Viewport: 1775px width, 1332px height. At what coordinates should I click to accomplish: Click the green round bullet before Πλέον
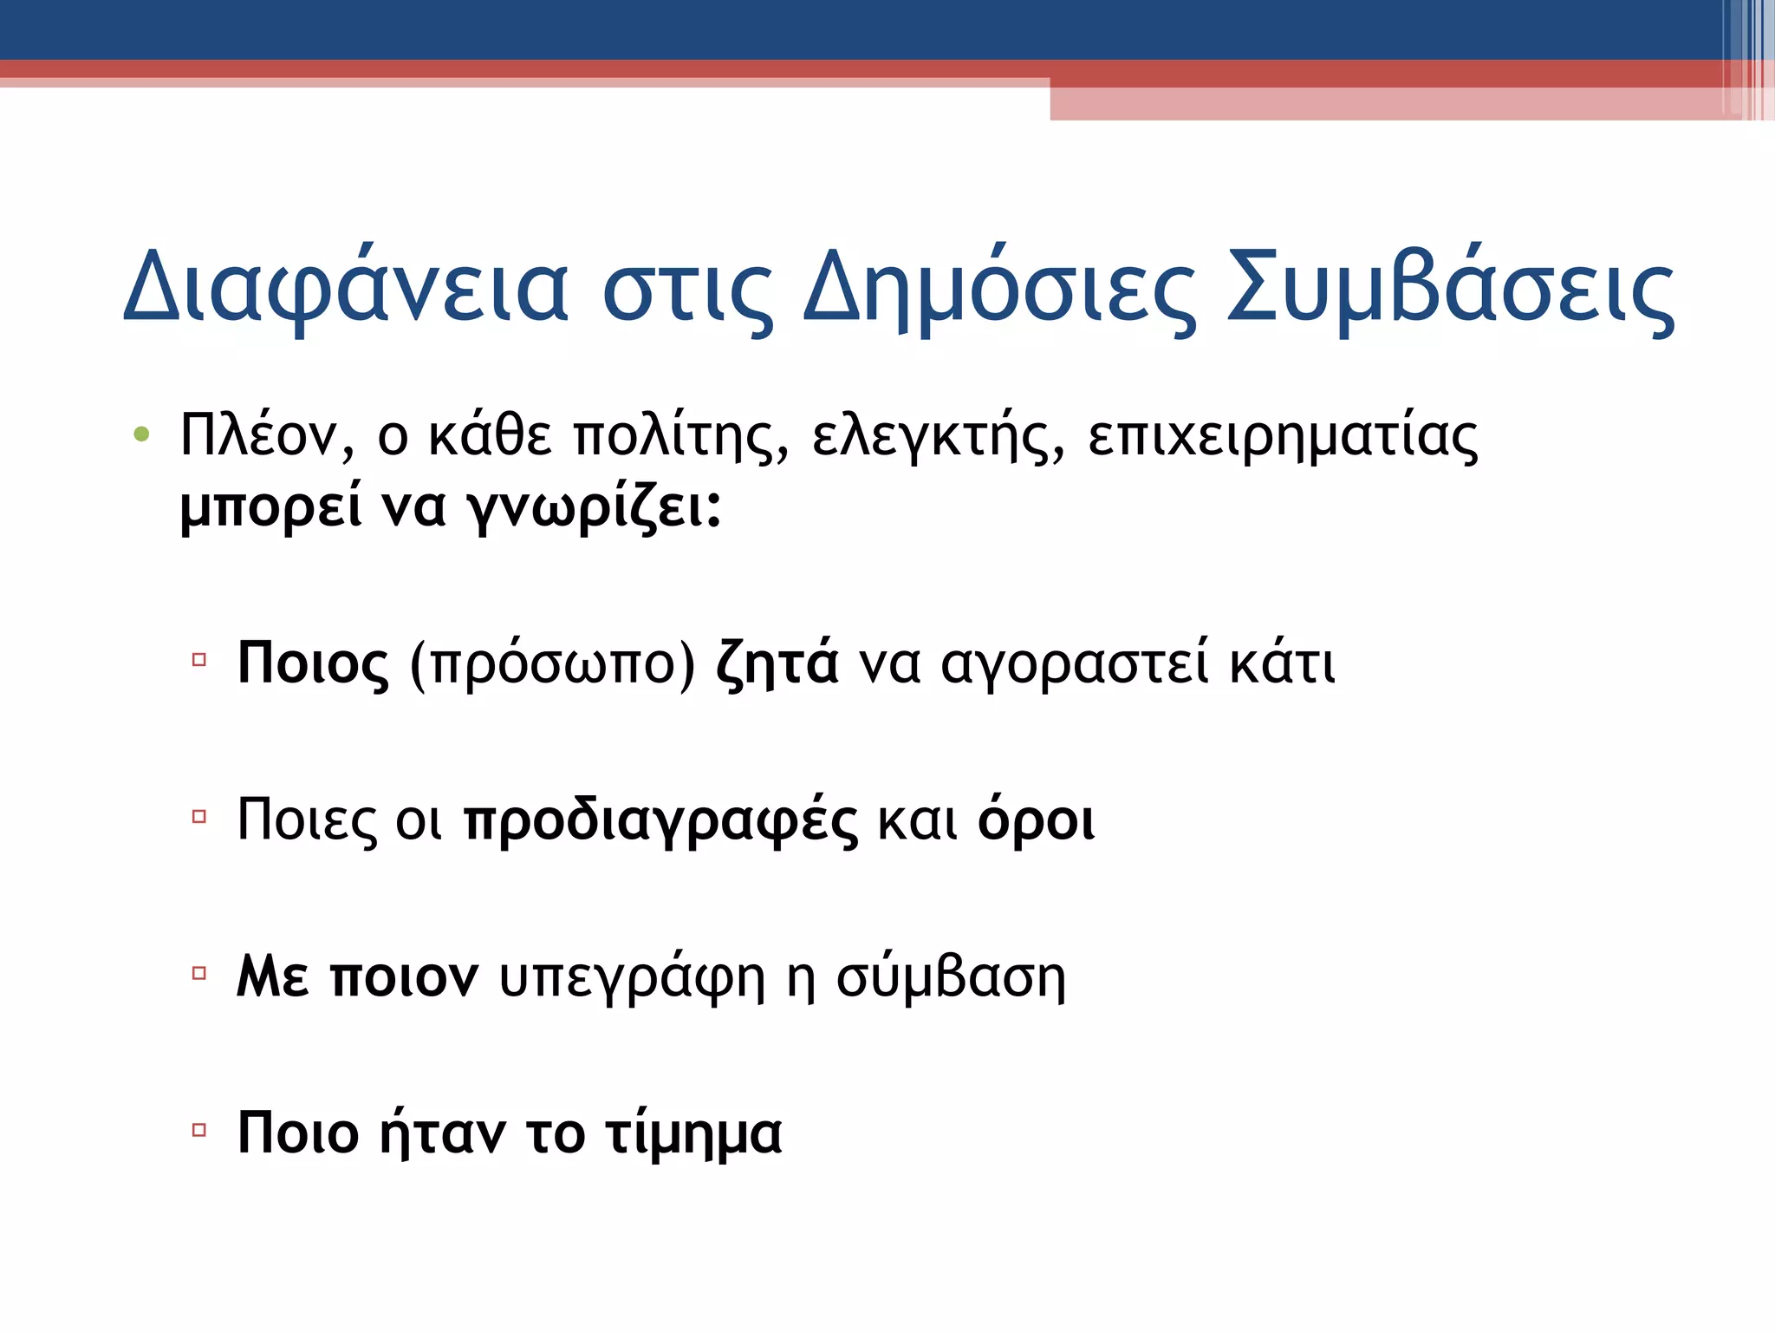click(142, 434)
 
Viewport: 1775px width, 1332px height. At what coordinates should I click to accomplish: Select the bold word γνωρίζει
click(595, 507)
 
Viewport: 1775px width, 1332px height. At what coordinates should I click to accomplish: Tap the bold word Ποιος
click(313, 664)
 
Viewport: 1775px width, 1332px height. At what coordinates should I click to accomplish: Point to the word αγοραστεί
click(1074, 664)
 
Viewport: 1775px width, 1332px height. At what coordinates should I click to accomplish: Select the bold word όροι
click(1036, 820)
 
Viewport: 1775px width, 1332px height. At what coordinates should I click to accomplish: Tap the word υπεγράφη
click(633, 979)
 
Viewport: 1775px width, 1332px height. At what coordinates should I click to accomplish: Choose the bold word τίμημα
click(693, 1134)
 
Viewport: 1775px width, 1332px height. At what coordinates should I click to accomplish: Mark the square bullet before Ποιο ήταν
click(199, 1130)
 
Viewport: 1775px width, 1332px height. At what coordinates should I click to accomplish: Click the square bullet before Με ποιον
click(199, 973)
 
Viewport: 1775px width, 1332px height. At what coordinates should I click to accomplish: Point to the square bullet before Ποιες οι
click(199, 816)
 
